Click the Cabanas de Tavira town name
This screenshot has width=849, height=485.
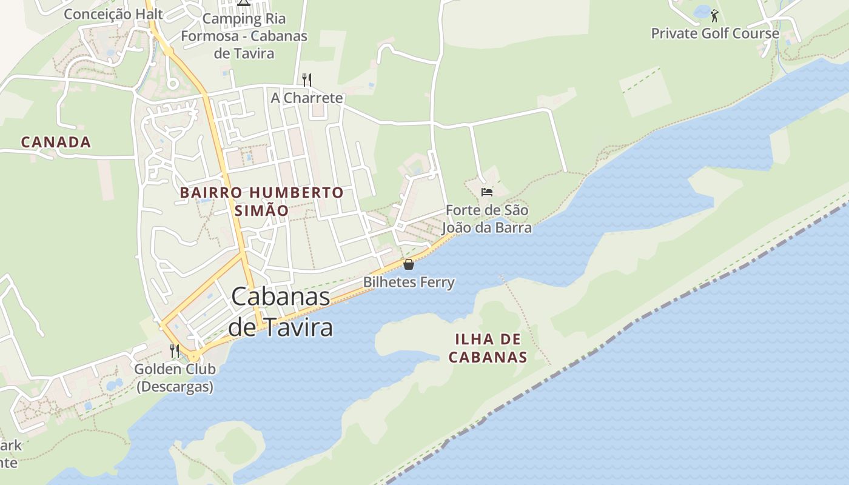281,312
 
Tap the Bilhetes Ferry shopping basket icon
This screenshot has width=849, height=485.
409,264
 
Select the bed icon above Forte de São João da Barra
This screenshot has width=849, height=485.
486,192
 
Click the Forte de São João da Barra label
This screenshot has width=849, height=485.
487,219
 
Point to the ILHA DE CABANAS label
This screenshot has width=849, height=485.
488,348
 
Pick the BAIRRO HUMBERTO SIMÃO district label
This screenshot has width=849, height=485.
261,201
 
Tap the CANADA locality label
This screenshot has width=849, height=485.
56,142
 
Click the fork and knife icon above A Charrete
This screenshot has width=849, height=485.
307,79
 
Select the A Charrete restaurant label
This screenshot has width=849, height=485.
307,98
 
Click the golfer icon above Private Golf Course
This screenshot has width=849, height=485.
714,16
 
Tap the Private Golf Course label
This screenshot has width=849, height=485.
715,33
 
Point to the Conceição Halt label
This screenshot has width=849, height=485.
113,13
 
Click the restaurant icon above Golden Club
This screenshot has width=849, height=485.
175,350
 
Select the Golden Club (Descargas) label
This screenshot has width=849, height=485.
175,378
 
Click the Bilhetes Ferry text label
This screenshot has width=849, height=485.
409,282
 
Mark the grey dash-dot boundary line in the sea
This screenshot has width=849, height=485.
667,303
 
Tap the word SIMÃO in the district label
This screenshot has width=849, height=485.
260,210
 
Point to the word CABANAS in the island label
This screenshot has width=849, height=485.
488,357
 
